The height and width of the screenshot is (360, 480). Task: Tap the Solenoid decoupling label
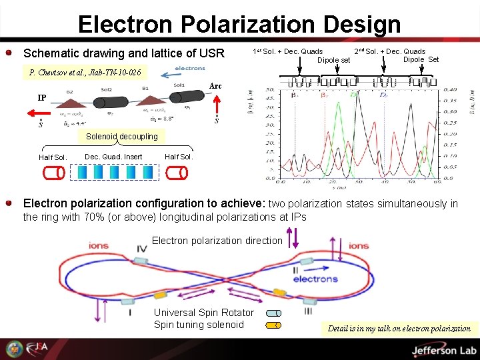[x=121, y=137]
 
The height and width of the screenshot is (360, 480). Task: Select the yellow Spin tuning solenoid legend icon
[x=273, y=326]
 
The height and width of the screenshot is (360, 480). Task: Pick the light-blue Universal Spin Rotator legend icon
[x=273, y=313]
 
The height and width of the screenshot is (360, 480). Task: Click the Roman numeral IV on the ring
[x=142, y=249]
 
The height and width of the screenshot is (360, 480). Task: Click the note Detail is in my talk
[x=399, y=328]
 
